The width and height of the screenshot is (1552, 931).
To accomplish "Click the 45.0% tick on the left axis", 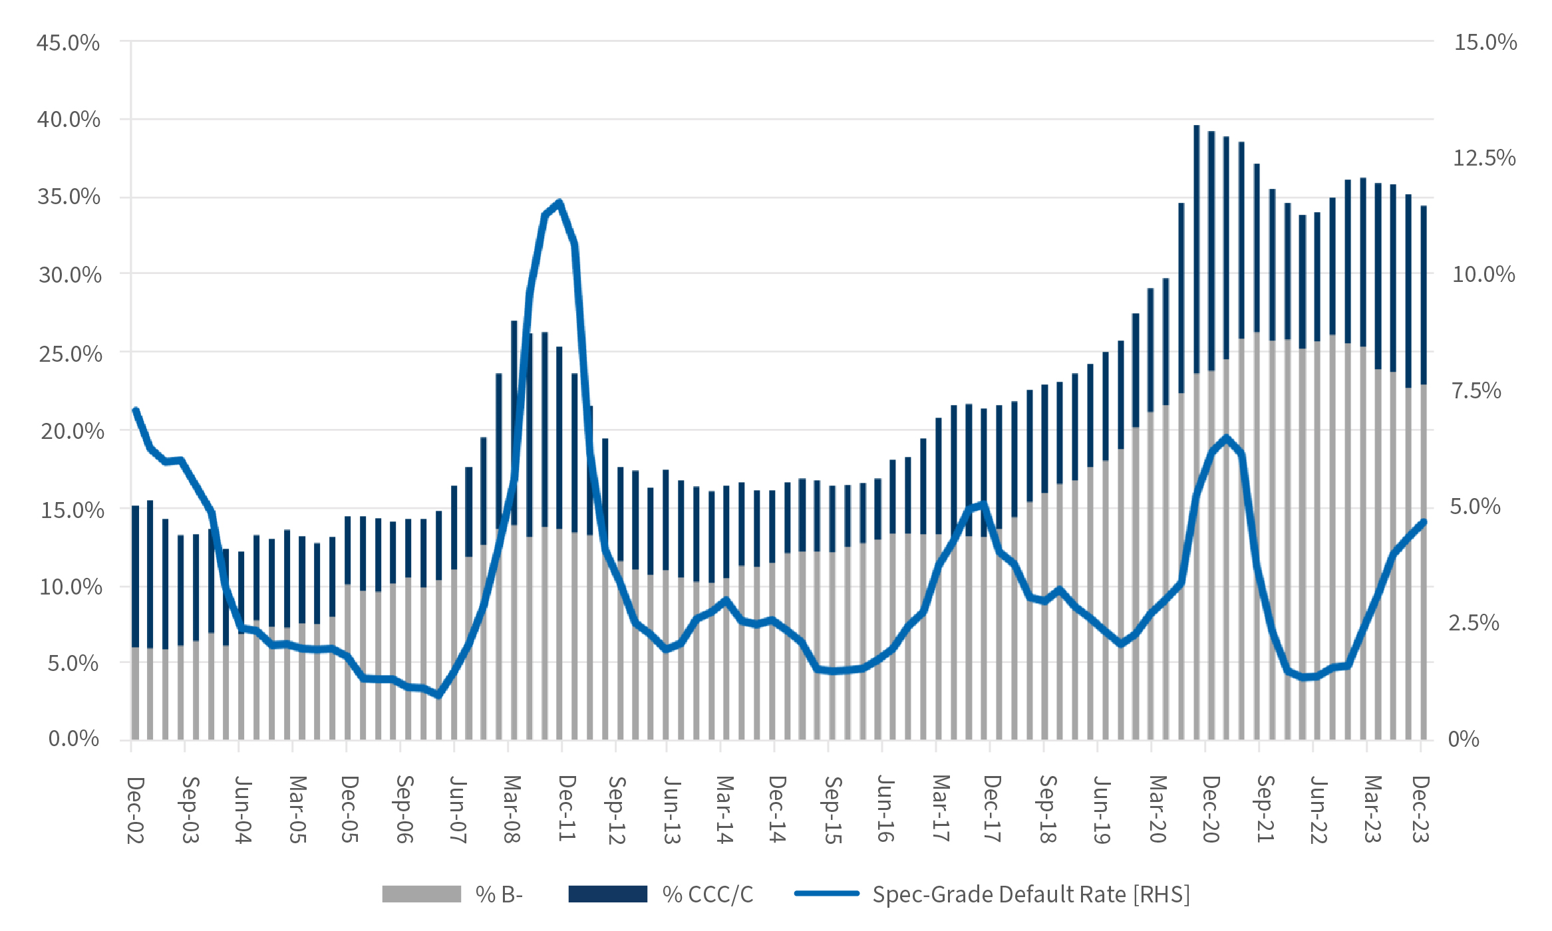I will [x=68, y=43].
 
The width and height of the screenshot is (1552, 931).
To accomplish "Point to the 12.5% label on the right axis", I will [x=1484, y=158].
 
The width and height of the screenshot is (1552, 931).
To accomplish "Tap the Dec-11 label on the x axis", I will [x=566, y=808].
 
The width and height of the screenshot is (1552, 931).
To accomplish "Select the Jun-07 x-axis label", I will [x=456, y=809].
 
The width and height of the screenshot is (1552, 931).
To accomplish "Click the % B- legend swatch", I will [x=421, y=894].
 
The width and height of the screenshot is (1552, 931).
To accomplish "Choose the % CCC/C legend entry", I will [x=707, y=894].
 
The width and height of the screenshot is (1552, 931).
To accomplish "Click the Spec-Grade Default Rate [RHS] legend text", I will [x=1030, y=894].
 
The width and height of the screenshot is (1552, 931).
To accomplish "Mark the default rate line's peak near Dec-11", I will [x=559, y=202].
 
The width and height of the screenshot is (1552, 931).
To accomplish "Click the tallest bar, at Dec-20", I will [x=1196, y=432].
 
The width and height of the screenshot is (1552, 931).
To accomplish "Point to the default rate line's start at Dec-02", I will [x=136, y=410].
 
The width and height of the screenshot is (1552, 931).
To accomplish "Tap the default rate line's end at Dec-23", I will [x=1424, y=522].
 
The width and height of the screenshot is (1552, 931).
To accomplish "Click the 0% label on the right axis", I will [x=1464, y=739].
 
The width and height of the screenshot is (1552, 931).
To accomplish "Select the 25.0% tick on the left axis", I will [x=71, y=354].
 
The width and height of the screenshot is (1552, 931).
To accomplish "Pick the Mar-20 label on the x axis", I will [x=1158, y=809].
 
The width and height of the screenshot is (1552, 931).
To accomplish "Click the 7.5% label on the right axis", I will [x=1476, y=390].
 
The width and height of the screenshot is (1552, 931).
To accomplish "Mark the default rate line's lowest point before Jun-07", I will [x=438, y=695].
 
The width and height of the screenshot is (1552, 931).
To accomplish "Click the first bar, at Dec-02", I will [x=135, y=622].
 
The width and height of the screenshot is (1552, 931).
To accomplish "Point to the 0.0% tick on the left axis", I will [x=73, y=739].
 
